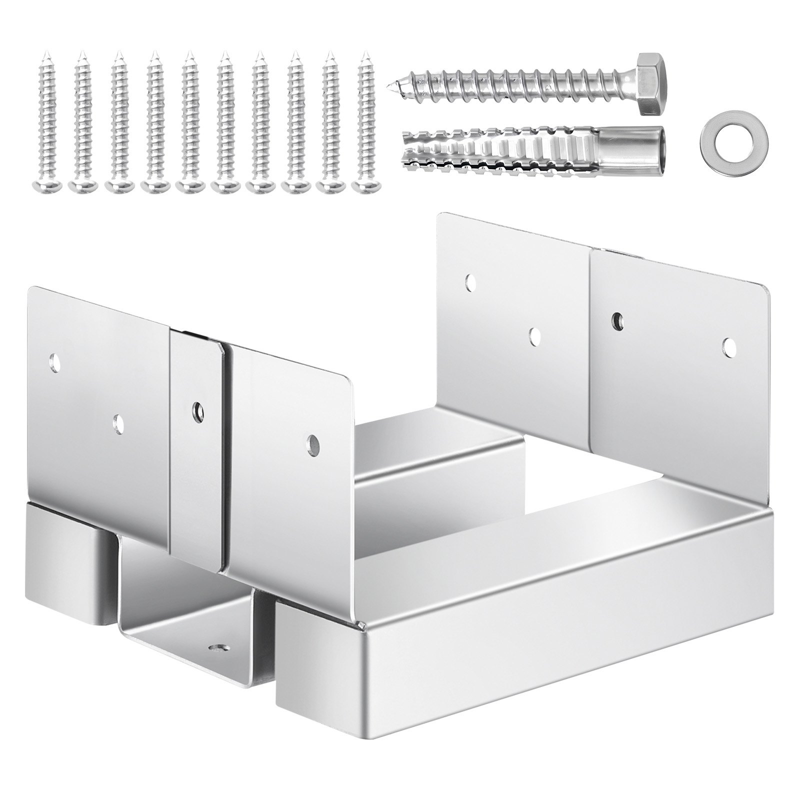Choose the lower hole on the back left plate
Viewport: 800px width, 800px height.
tap(535, 336)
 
